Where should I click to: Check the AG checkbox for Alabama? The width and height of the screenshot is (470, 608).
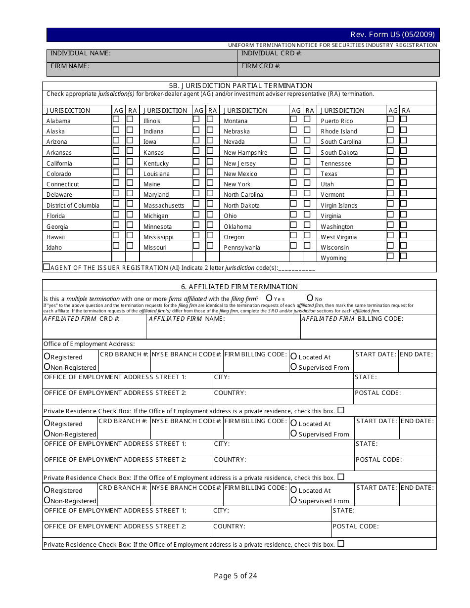click(116, 119)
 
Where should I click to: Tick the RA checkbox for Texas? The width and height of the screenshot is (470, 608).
click(404, 172)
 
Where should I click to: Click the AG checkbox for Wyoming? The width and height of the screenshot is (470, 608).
click(390, 256)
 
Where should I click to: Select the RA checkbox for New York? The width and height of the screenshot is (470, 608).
click(307, 182)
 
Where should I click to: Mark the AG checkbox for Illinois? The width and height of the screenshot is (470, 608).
click(196, 119)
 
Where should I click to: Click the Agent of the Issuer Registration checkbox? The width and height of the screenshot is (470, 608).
click(47, 267)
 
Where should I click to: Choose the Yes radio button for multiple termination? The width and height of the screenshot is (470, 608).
click(270, 298)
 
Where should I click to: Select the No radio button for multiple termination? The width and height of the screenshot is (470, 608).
click(310, 298)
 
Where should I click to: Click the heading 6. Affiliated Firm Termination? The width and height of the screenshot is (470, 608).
click(239, 287)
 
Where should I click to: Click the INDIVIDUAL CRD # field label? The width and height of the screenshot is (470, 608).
click(272, 53)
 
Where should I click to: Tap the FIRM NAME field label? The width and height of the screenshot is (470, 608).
click(70, 66)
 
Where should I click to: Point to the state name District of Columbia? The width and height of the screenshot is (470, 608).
click(73, 206)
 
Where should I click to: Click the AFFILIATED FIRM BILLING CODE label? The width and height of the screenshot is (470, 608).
click(352, 319)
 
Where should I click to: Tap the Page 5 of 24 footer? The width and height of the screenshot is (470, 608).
click(235, 575)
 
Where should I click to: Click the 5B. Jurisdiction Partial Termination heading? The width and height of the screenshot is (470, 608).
click(239, 86)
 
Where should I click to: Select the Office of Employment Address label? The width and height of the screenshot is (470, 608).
click(89, 344)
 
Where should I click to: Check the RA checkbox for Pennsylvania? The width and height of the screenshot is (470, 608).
click(307, 246)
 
